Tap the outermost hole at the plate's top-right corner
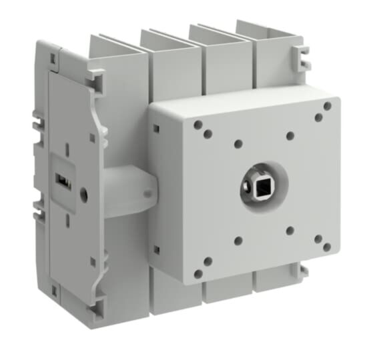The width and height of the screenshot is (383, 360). tap(327, 105)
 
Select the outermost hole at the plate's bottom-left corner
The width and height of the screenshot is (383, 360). tap(198, 273)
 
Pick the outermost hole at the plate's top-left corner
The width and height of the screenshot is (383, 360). tap(198, 124)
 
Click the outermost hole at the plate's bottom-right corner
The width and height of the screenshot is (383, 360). tap(326, 247)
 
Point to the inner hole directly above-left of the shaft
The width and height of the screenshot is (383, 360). tap(238, 143)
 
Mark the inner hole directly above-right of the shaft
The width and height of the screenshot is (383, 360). tap(290, 135)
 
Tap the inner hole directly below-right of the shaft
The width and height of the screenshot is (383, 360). tap(290, 231)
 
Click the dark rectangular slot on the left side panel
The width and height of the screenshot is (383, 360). tap(60, 181)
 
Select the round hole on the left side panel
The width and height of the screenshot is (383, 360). tap(83, 195)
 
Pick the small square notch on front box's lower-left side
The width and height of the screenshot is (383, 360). tap(155, 249)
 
